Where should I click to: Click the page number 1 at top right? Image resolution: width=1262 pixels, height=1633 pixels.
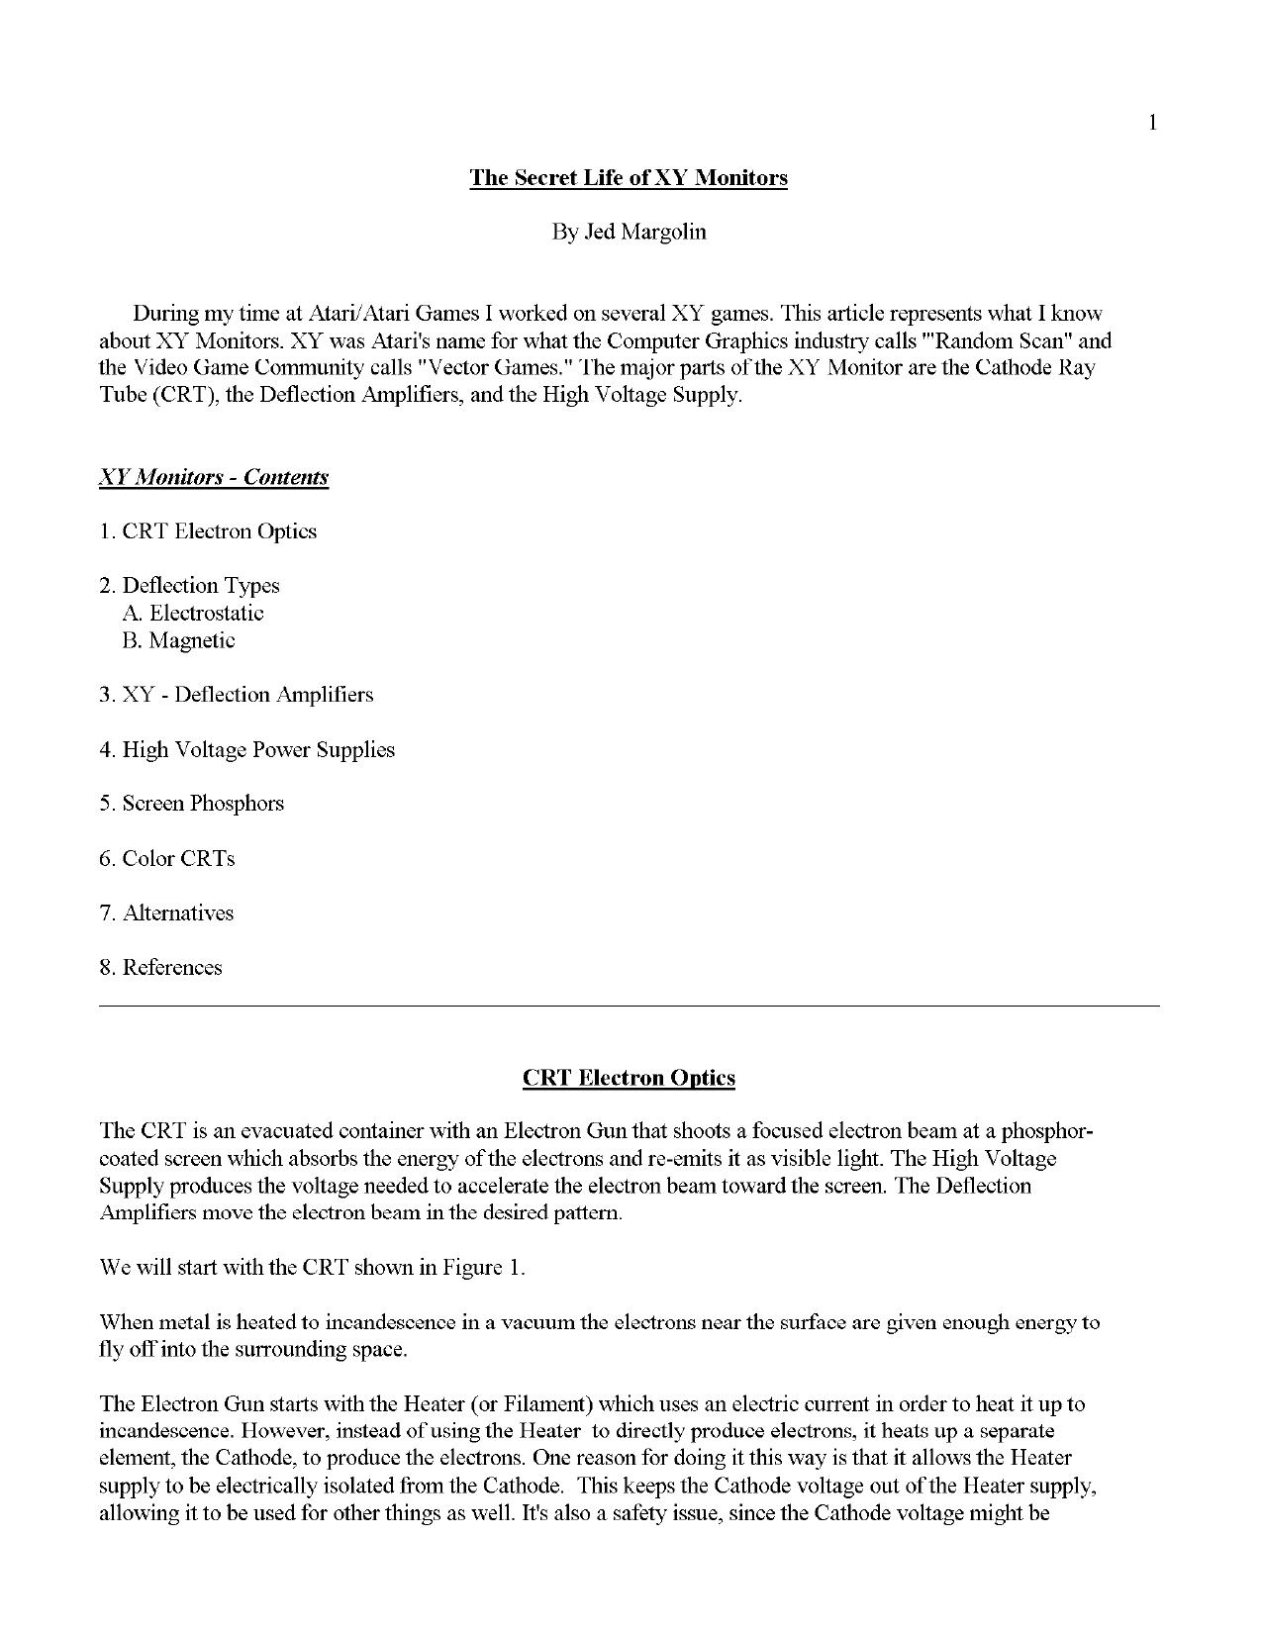click(x=1152, y=123)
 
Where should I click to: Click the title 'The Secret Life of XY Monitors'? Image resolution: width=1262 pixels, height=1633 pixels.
click(x=629, y=178)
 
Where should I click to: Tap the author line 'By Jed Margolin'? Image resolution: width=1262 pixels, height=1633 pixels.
click(x=629, y=233)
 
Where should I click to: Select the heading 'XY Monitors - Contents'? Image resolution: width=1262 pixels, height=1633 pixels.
click(x=214, y=477)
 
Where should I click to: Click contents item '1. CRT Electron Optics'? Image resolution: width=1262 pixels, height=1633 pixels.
click(x=208, y=531)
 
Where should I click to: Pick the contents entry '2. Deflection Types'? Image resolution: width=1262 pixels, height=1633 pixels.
click(x=189, y=586)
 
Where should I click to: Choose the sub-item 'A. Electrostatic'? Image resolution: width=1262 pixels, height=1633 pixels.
click(x=193, y=614)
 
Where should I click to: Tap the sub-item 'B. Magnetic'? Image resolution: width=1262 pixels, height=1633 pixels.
click(x=179, y=640)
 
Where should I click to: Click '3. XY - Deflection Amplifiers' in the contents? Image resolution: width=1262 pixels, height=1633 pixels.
click(x=237, y=695)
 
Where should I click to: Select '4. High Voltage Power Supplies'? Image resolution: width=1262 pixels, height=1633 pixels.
click(x=246, y=750)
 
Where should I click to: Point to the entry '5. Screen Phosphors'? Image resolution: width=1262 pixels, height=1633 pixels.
click(x=191, y=804)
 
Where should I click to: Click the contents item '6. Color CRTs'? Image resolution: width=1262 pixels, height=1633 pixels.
click(x=167, y=859)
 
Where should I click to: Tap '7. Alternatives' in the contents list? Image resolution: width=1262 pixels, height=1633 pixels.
click(x=166, y=913)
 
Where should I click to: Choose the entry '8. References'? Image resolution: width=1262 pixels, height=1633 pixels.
click(x=160, y=968)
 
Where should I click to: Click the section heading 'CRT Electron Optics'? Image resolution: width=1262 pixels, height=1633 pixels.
click(x=629, y=1078)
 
